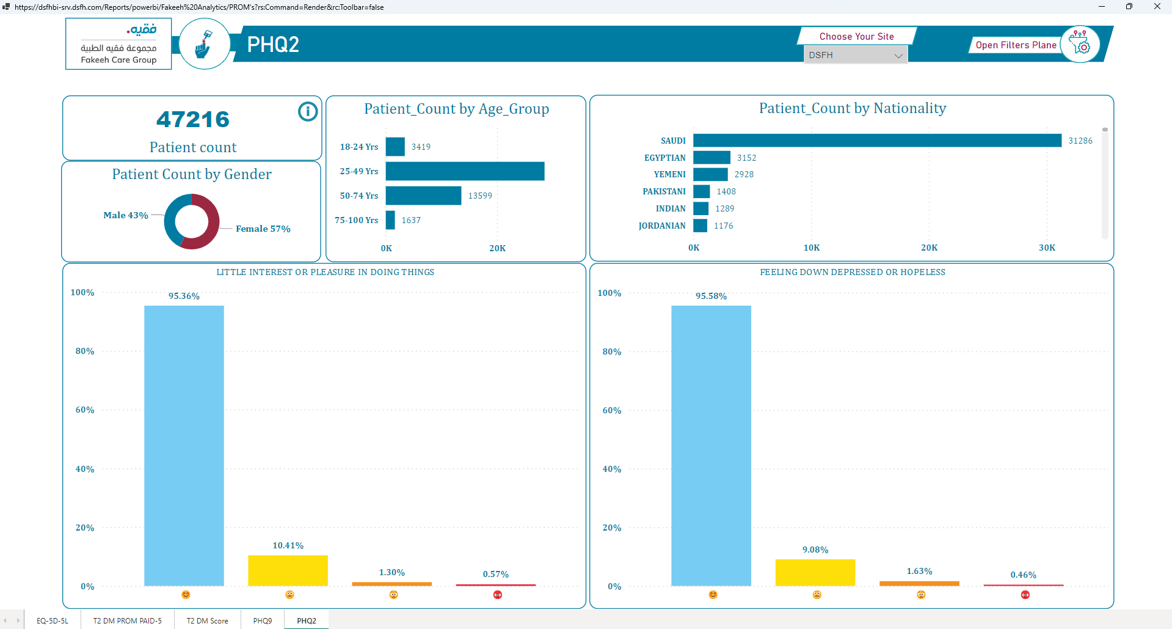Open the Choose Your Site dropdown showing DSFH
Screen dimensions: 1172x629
pyautogui.click(x=855, y=55)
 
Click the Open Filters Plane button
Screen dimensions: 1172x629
pyautogui.click(x=1016, y=45)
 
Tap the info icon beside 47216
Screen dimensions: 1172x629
pyautogui.click(x=308, y=111)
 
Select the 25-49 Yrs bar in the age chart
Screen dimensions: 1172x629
pyautogui.click(x=465, y=171)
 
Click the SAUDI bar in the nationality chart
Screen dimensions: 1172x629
pyautogui.click(x=877, y=141)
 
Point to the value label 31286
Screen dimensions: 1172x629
pyautogui.click(x=1080, y=141)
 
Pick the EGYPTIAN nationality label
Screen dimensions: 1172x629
pyautogui.click(x=664, y=158)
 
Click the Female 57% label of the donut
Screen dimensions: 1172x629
pyautogui.click(x=263, y=229)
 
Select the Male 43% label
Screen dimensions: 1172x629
pyautogui.click(x=126, y=215)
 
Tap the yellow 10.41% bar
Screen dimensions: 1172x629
pyautogui.click(x=288, y=570)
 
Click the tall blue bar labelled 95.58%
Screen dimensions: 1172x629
pyautogui.click(x=711, y=446)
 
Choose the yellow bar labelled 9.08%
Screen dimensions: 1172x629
pyautogui.click(x=815, y=573)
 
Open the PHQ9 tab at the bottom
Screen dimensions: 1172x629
pyautogui.click(x=263, y=620)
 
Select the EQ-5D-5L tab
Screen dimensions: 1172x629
pyautogui.click(x=53, y=620)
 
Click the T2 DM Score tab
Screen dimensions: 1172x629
pyautogui.click(x=207, y=620)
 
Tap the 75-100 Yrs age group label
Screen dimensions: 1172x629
pyautogui.click(x=357, y=220)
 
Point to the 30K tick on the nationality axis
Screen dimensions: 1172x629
pyautogui.click(x=1047, y=248)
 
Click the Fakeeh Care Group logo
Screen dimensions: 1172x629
pyautogui.click(x=118, y=44)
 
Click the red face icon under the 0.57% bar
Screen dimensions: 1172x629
pyautogui.click(x=498, y=595)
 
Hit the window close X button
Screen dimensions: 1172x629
pyautogui.click(x=1157, y=7)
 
